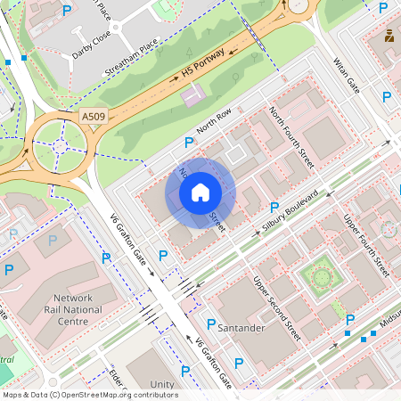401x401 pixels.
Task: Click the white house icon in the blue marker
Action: [x=200, y=192]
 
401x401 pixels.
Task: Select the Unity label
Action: [x=163, y=384]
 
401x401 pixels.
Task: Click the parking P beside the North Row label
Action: [x=188, y=143]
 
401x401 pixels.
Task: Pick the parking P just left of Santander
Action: [x=211, y=324]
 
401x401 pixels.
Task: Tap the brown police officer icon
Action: [x=389, y=37]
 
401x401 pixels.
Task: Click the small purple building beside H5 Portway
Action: [x=192, y=94]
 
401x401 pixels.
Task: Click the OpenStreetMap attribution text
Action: [x=89, y=395]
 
